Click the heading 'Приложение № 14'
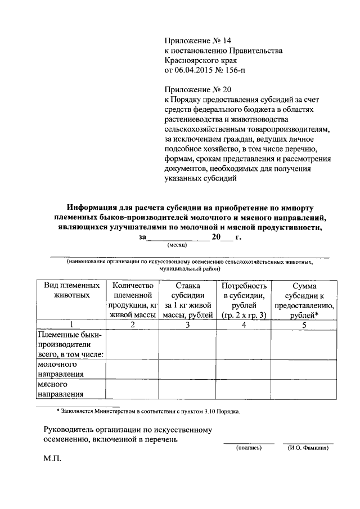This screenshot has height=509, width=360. (197, 41)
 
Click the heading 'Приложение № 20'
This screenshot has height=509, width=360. (197, 89)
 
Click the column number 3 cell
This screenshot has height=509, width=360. (187, 325)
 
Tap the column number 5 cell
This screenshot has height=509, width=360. (304, 325)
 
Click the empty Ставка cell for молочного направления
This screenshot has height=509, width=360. (187, 368)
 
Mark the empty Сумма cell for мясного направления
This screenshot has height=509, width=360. (304, 389)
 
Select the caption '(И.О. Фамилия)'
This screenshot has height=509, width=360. (307, 448)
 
